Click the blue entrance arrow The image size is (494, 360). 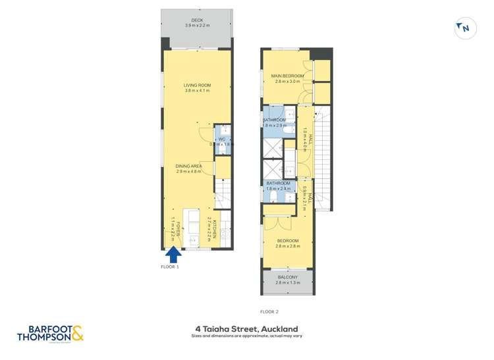(173, 254)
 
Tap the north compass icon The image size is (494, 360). (464, 28)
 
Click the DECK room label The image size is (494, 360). (197, 20)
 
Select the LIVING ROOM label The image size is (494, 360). (197, 86)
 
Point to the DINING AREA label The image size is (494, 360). (188, 166)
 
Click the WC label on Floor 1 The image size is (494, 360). (222, 139)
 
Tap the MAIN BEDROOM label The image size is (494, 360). (288, 76)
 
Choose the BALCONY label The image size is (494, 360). (287, 277)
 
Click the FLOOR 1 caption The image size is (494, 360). (170, 267)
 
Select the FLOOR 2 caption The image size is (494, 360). (269, 311)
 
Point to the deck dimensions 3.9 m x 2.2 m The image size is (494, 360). (197, 26)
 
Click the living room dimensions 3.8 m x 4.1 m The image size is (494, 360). (197, 91)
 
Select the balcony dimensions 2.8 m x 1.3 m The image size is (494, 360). (287, 282)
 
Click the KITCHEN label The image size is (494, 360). (211, 230)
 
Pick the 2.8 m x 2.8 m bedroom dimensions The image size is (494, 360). (287, 246)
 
